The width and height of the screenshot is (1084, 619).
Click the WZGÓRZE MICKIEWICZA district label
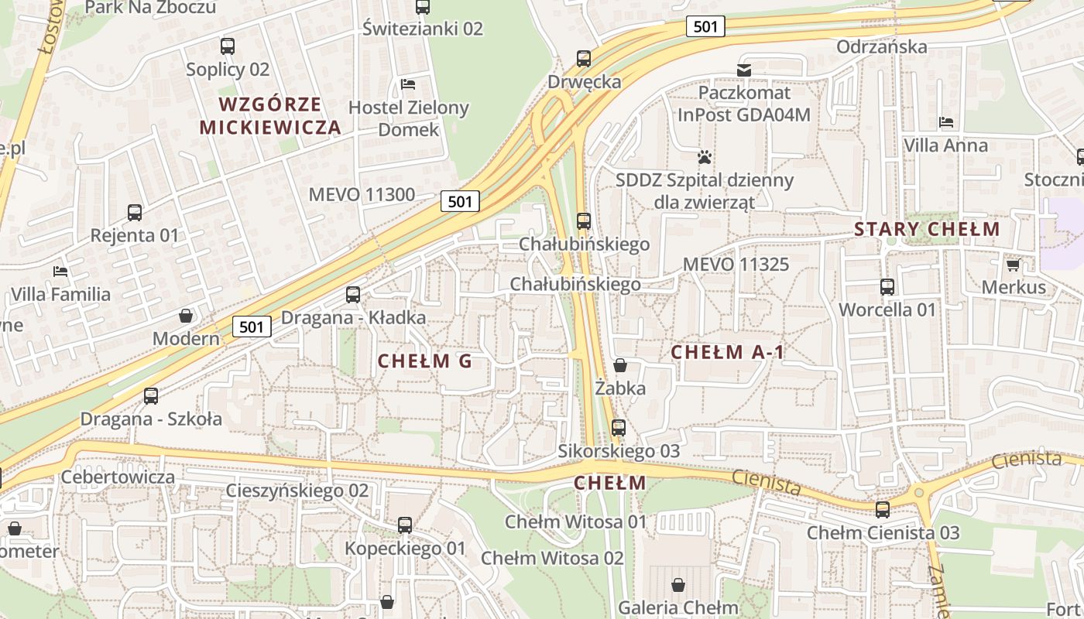(269, 116)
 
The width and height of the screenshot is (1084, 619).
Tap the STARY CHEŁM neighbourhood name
(927, 229)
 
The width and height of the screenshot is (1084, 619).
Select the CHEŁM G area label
(424, 361)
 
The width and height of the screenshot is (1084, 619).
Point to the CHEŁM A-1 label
(727, 353)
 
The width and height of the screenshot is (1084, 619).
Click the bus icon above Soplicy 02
(227, 46)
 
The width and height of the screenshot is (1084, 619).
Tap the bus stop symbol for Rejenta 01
(134, 212)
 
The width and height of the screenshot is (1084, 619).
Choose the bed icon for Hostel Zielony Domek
(408, 84)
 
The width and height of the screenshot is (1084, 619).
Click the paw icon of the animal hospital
(704, 157)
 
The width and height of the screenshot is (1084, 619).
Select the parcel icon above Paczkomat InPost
(744, 70)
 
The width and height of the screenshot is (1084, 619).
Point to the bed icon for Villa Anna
(945, 121)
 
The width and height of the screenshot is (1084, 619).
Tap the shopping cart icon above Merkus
(1013, 265)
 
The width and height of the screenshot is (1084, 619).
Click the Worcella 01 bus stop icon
(887, 287)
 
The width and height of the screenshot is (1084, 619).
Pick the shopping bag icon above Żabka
(619, 365)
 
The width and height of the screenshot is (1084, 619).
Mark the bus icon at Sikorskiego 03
(618, 428)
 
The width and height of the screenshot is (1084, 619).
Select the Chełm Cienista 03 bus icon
(883, 510)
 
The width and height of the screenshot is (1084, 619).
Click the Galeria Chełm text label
(678, 608)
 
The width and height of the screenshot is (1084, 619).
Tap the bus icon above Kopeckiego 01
(404, 525)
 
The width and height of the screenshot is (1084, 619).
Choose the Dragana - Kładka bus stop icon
(352, 295)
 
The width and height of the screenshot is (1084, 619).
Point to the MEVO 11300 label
(362, 194)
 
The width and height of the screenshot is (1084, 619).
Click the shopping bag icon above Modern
(186, 316)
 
